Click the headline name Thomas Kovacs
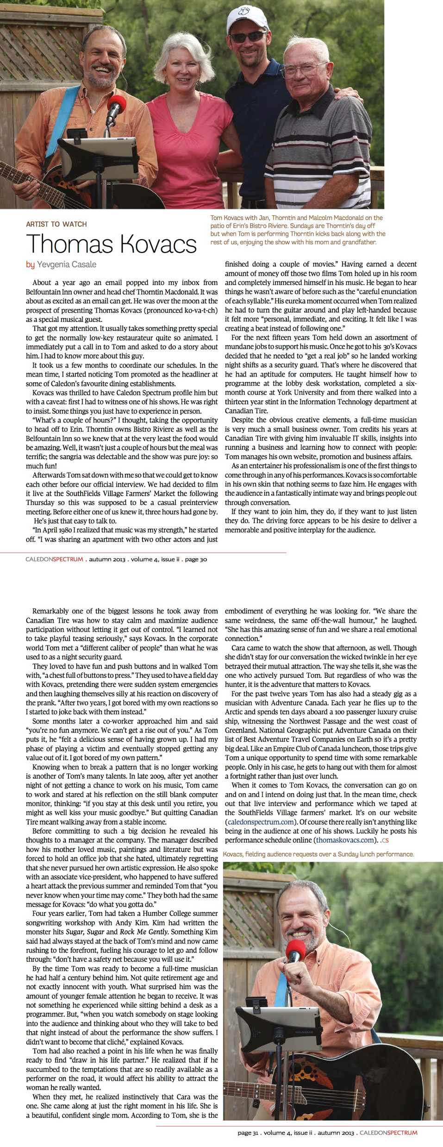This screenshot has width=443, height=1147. coord(112,244)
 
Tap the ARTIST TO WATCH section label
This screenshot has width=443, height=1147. coord(56,224)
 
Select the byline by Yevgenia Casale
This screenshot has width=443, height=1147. coord(61,265)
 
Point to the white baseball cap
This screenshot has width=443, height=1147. coord(246,17)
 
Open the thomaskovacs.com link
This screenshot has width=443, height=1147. coord(344,840)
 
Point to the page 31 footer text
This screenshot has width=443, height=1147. coord(248,1133)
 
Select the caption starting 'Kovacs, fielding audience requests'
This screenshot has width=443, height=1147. coord(318,854)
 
